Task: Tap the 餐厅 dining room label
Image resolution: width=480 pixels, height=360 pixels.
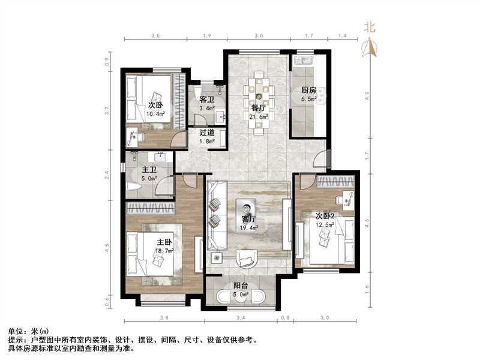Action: (x=258, y=108)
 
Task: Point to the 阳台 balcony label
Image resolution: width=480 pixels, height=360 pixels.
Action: (x=242, y=287)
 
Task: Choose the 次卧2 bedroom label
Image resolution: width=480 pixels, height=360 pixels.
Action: (x=325, y=216)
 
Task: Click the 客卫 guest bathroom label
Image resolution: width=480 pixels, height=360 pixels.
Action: (x=207, y=100)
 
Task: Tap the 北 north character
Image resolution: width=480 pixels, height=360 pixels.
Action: (x=370, y=27)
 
